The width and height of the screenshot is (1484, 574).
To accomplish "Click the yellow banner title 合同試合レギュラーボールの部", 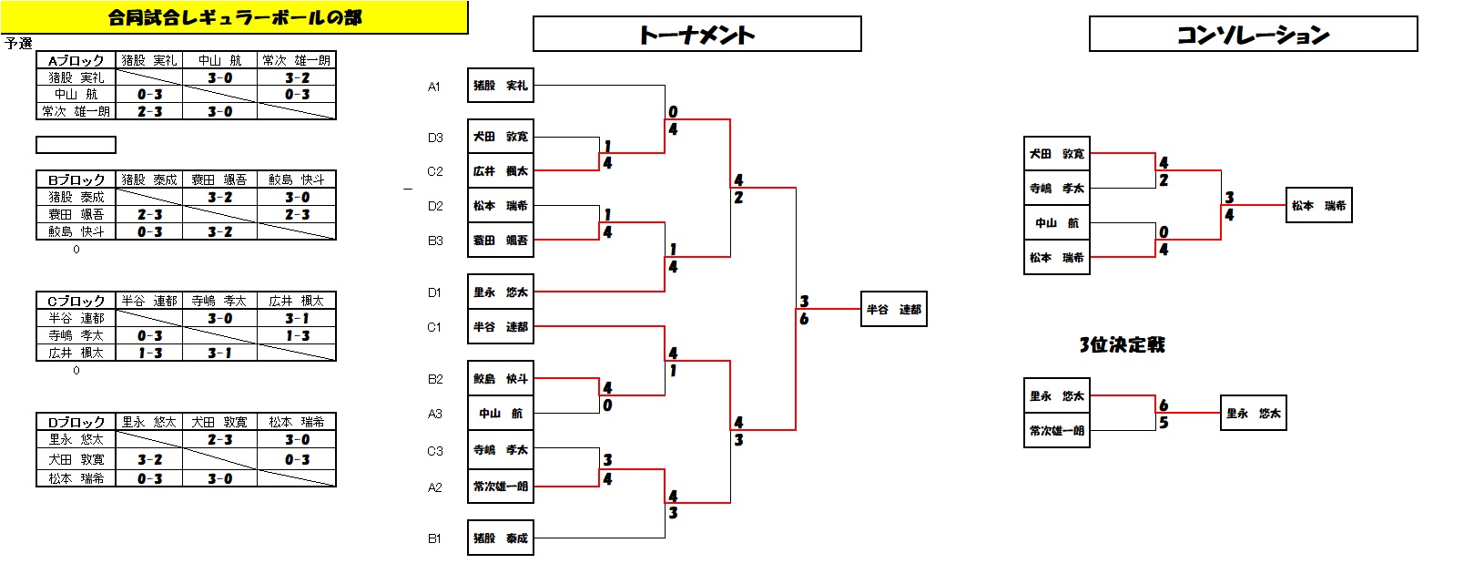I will (x=234, y=17).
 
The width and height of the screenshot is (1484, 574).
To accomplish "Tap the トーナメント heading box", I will (x=696, y=35).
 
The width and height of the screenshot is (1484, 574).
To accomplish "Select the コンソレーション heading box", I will (x=1253, y=35).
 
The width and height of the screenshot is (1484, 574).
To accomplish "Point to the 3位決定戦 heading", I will (x=1122, y=344).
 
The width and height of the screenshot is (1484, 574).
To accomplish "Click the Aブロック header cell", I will (x=76, y=60).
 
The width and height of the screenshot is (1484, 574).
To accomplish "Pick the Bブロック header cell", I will (x=76, y=179).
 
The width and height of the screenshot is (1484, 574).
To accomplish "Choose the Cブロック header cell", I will (x=76, y=301).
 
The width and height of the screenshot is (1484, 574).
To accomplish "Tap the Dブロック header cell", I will (x=76, y=422).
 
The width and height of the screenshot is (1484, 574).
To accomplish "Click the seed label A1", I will (x=434, y=87).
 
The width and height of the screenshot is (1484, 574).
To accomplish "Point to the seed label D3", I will (x=435, y=138).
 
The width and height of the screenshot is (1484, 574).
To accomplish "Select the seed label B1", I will (x=434, y=538).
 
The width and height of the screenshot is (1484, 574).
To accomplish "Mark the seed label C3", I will (x=435, y=451).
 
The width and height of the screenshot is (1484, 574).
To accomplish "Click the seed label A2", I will (x=435, y=487).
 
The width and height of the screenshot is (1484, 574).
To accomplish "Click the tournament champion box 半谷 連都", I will (x=893, y=310).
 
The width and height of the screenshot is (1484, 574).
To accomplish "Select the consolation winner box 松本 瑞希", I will (x=1318, y=206).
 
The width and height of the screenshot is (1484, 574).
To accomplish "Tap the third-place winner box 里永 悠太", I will (x=1253, y=414).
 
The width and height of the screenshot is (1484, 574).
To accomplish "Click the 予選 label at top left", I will (x=18, y=43).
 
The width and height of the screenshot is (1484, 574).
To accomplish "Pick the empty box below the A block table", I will (x=76, y=145).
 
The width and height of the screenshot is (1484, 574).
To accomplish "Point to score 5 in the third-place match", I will (x=1164, y=423).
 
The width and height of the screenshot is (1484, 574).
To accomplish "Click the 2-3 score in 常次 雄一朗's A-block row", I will (x=149, y=111).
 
